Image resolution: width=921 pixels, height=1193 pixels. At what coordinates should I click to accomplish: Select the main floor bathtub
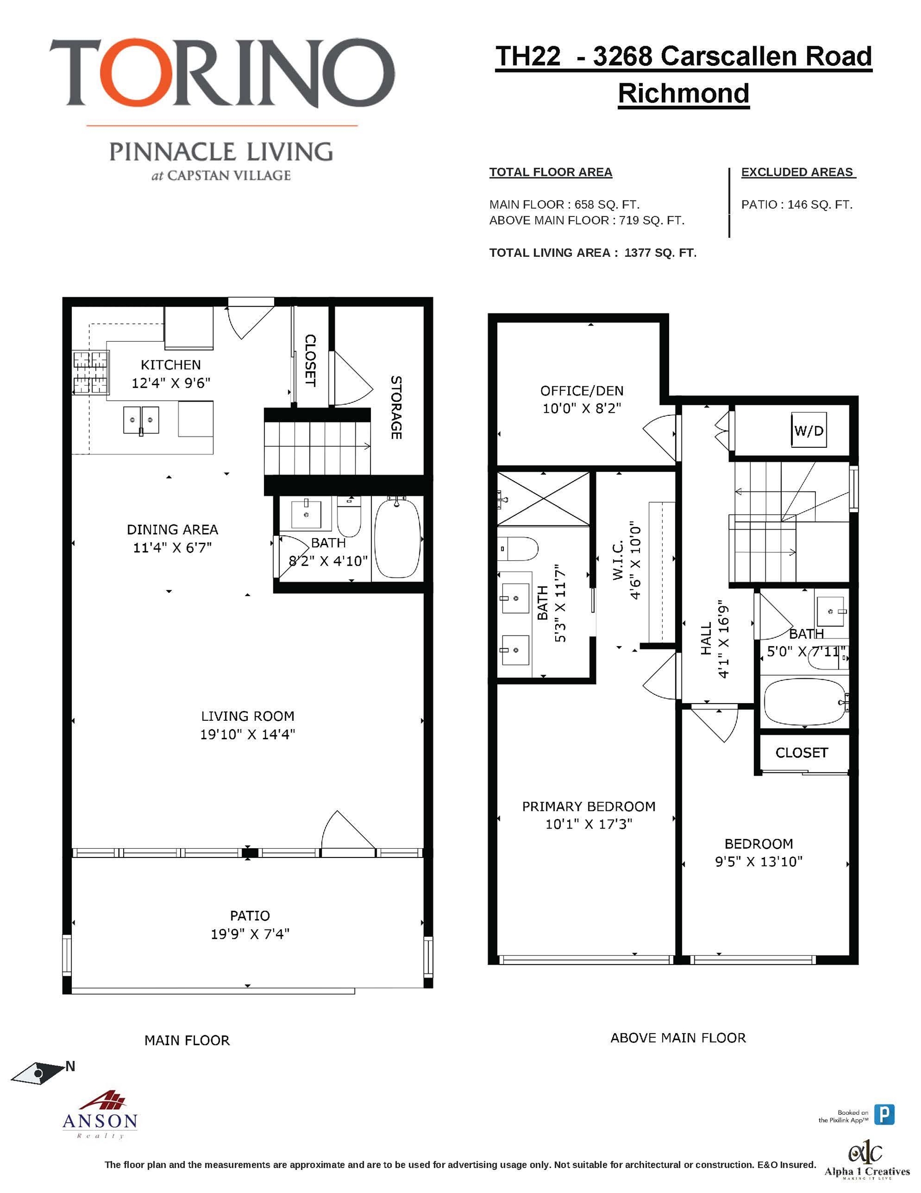click(397, 538)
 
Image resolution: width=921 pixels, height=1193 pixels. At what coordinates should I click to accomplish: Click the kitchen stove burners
click(91, 372)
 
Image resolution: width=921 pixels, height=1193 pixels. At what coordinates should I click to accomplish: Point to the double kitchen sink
click(141, 420)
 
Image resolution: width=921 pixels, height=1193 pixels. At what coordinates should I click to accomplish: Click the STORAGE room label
click(396, 407)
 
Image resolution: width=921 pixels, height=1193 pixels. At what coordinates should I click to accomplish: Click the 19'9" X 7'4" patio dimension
click(250, 934)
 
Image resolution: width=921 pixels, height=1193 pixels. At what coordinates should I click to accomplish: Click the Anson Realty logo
click(100, 1115)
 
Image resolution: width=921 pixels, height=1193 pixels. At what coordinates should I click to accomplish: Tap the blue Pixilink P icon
click(884, 1114)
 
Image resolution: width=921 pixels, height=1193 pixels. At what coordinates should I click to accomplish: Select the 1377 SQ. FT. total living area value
click(660, 253)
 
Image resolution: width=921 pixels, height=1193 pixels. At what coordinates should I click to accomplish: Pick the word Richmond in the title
click(683, 93)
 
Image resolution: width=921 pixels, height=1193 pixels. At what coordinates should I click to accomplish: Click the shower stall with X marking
click(543, 499)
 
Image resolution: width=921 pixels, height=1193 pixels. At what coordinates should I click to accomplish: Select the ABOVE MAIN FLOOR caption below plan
click(677, 1038)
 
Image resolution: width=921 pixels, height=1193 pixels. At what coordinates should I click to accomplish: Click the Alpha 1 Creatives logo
click(866, 1161)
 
